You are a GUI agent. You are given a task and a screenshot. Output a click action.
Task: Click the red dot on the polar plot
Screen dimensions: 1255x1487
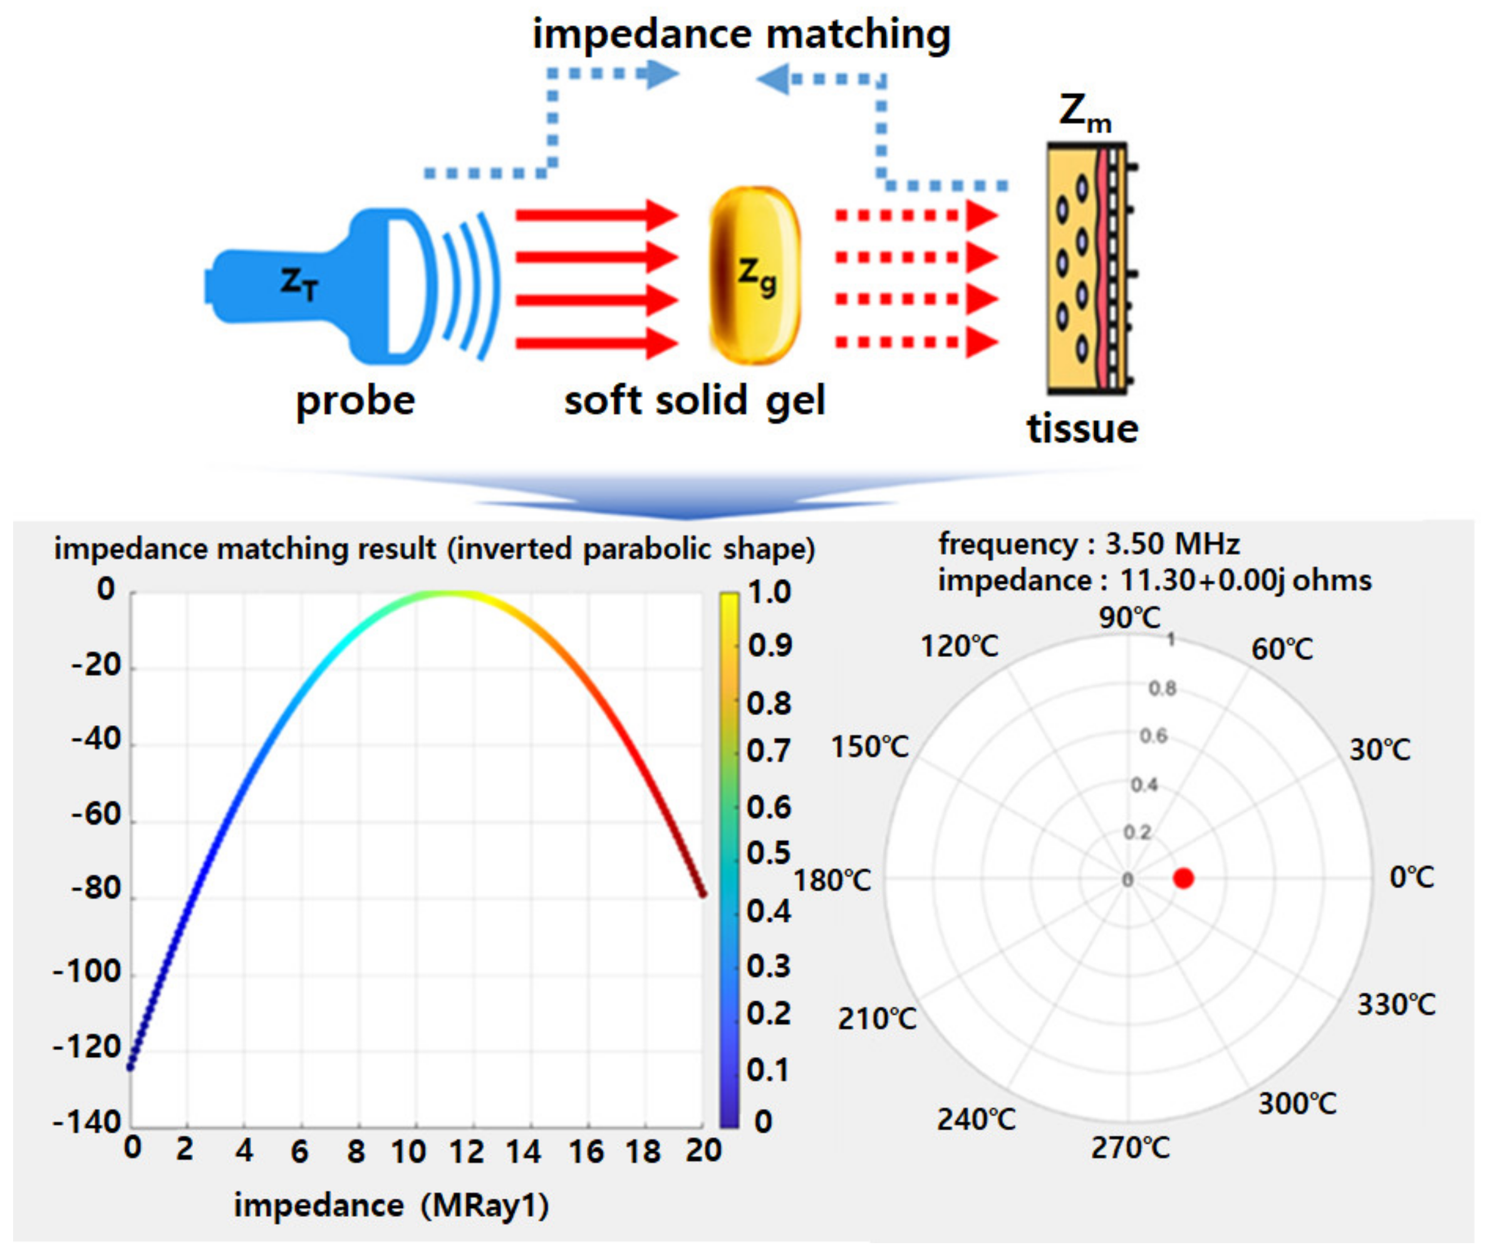coord(1183,878)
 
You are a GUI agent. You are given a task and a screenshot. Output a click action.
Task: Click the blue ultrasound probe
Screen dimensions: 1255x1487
coord(320,284)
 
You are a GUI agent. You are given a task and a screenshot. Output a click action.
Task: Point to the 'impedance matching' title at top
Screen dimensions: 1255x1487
coord(742,34)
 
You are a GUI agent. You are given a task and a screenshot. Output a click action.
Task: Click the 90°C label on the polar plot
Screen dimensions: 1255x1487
coord(1129,617)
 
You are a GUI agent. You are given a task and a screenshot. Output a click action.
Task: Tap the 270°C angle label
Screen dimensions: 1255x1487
coord(1130,1147)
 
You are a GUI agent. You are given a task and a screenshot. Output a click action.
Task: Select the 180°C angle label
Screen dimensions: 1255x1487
coord(832,880)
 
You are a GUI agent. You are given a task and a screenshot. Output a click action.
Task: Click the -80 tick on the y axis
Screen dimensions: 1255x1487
coord(96,889)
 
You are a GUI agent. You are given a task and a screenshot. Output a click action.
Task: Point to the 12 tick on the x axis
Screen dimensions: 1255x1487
coord(467,1150)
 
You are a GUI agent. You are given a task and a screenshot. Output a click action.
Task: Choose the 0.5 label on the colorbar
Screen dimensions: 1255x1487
coord(769,852)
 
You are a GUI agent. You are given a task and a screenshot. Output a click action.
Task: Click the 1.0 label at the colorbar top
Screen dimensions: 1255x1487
coord(769,592)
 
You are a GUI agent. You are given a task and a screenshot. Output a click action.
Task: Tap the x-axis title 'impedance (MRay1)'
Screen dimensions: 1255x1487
coord(391,1205)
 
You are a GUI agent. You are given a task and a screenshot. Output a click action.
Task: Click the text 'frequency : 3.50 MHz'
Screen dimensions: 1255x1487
coord(1089,544)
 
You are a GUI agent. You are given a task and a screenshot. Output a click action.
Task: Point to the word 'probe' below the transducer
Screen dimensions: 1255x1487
coord(355,401)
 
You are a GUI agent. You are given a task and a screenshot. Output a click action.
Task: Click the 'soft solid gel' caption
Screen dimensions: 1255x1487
coord(695,401)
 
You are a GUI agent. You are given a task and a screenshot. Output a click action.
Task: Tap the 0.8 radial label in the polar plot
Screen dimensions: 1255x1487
coord(1163,688)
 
